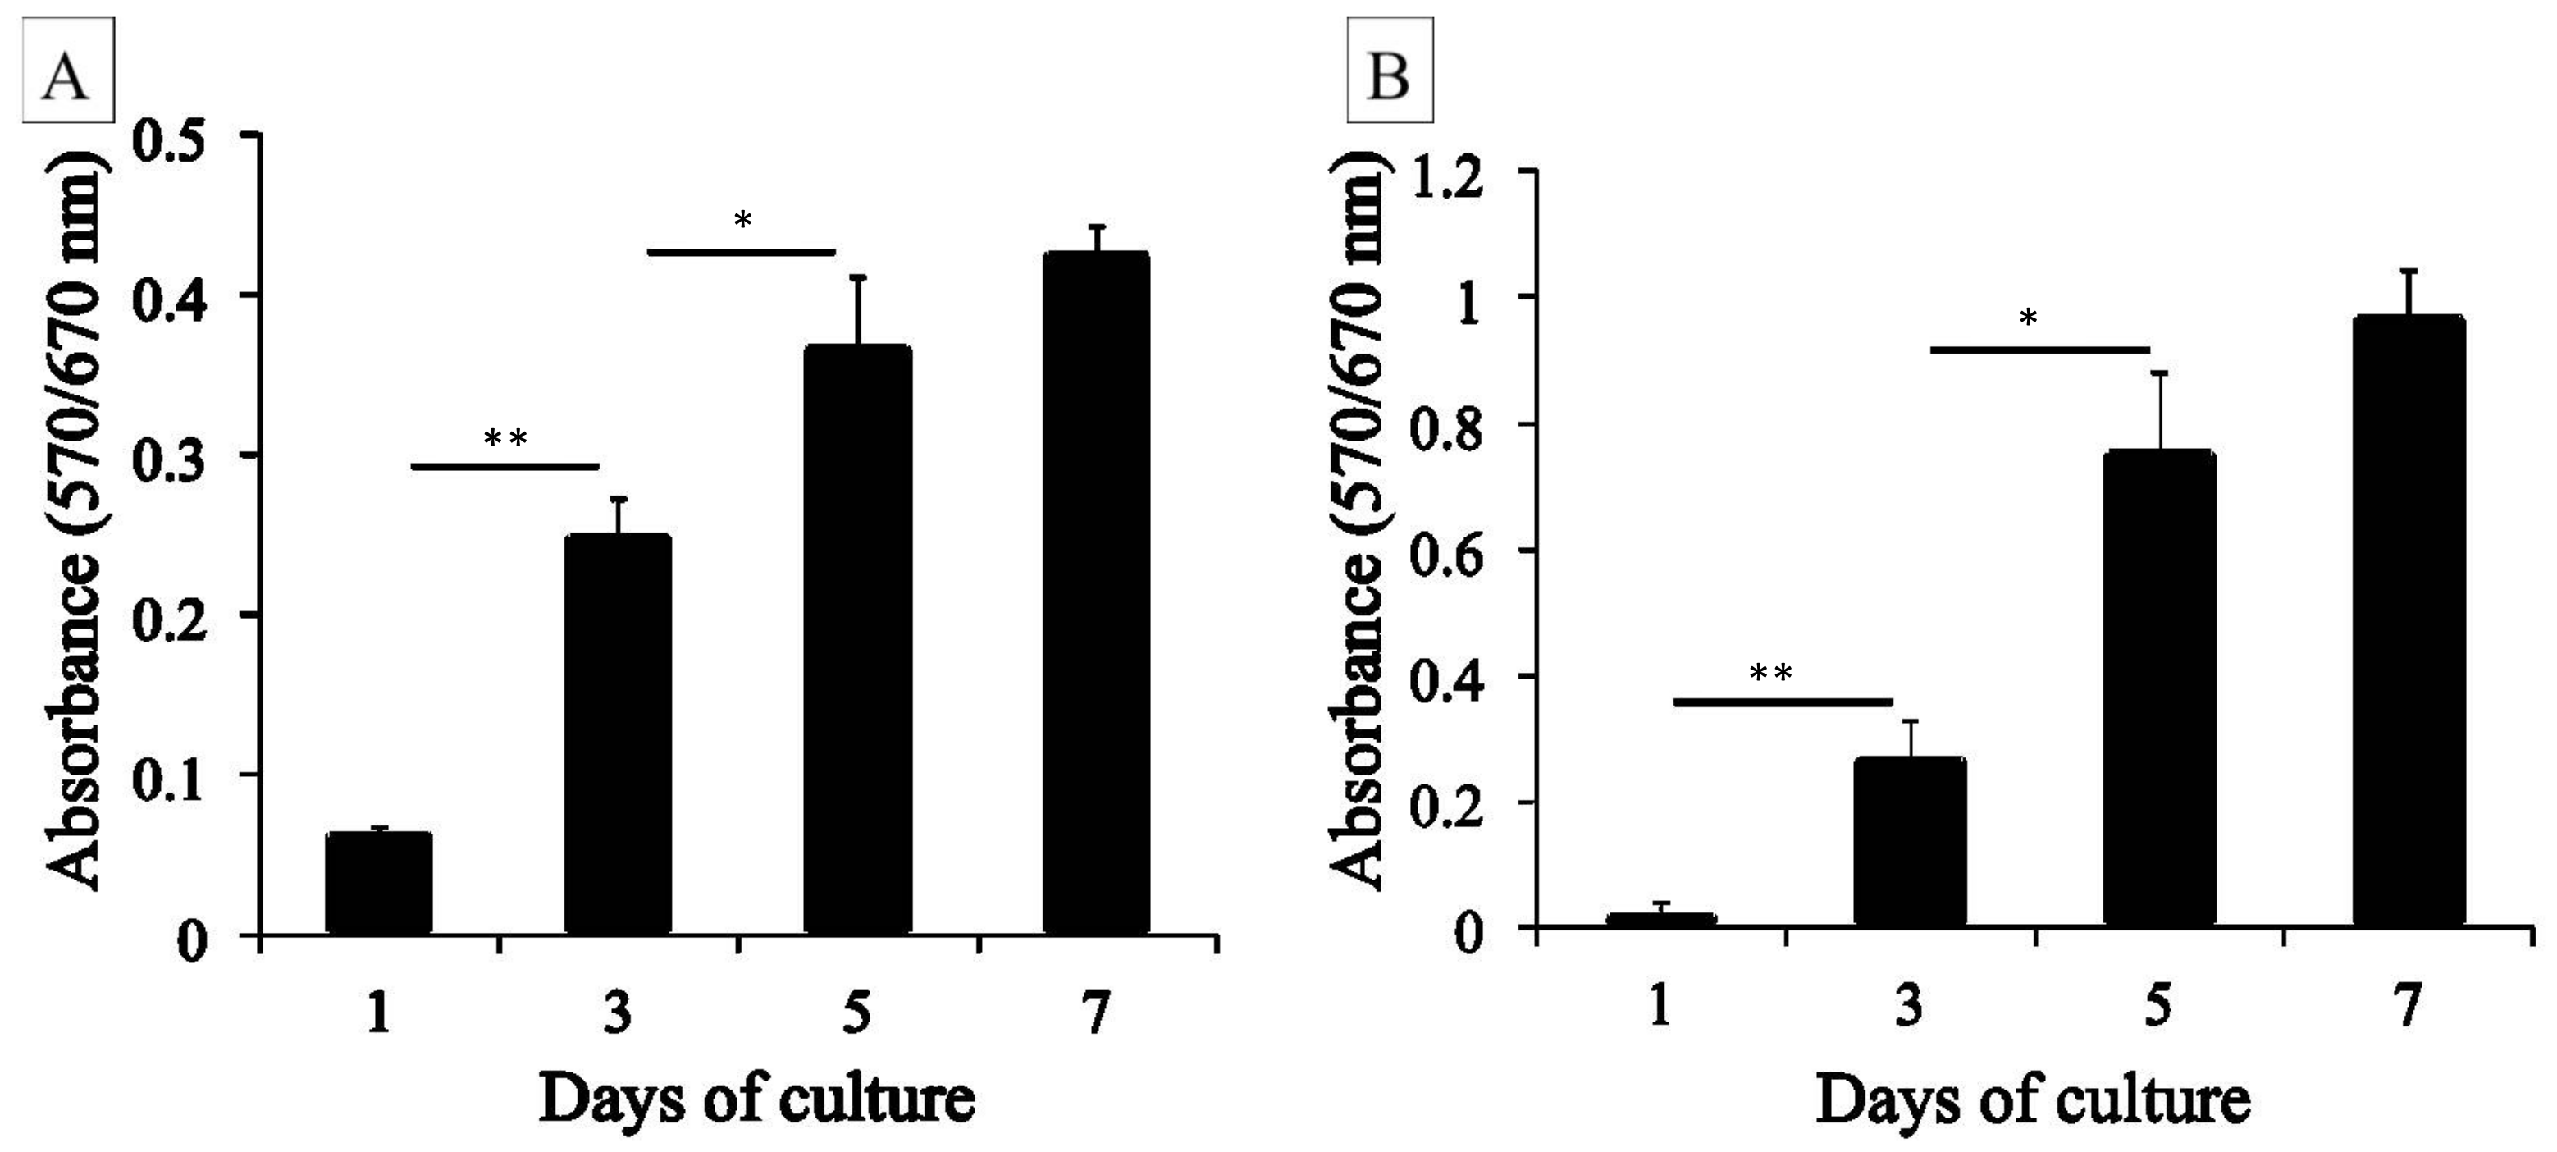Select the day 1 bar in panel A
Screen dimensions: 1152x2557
[x=378, y=884]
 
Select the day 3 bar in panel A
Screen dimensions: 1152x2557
[x=618, y=735]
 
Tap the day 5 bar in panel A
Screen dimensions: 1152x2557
[x=856, y=641]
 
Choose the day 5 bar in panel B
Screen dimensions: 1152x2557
[x=2159, y=689]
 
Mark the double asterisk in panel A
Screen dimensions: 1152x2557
[x=505, y=438]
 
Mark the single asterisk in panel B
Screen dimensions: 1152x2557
[x=2028, y=320]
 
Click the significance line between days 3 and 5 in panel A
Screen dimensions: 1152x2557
[x=741, y=252]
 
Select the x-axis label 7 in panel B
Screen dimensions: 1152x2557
[x=2407, y=1007]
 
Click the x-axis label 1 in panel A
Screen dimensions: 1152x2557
[x=378, y=1014]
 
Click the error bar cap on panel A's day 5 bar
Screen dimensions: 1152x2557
[x=857, y=277]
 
